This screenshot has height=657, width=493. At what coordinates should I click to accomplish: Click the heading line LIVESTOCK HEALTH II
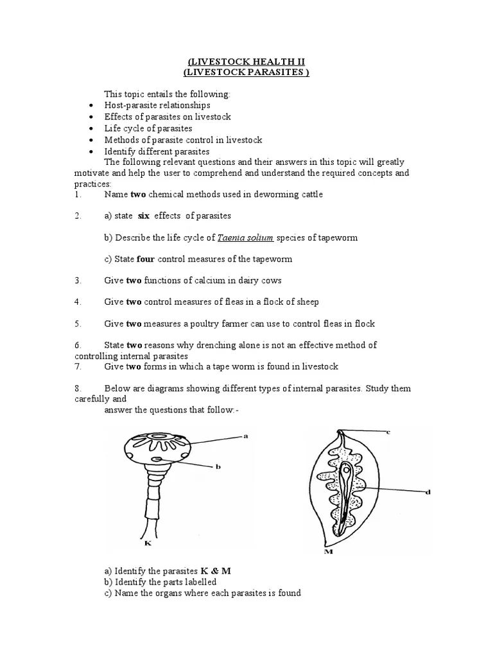(246, 61)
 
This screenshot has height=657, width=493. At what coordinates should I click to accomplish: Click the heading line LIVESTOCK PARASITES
(246, 73)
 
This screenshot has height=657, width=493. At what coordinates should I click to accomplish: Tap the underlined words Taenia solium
(246, 237)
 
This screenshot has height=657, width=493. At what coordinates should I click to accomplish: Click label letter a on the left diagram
(245, 436)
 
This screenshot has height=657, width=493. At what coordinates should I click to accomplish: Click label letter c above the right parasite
(388, 432)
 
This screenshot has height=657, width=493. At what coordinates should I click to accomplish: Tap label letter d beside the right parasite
(428, 492)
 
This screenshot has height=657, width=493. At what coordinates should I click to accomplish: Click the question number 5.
(77, 323)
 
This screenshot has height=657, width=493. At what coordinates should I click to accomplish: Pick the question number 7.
(77, 366)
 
